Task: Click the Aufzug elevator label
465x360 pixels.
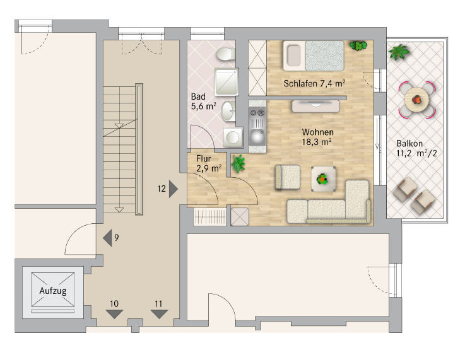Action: [x=52, y=291]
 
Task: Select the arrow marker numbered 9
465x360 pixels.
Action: [x=107, y=238]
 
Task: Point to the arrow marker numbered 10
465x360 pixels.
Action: [x=114, y=313]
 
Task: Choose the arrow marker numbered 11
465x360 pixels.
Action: [x=158, y=313]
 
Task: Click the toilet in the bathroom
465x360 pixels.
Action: [x=224, y=55]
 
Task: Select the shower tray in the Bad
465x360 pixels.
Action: [x=225, y=81]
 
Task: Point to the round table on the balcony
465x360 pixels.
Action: [x=417, y=100]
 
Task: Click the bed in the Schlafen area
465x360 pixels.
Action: [x=314, y=55]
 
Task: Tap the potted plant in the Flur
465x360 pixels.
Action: [x=238, y=163]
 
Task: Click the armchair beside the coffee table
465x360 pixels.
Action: [x=288, y=177]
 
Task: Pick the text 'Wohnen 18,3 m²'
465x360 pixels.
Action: [x=317, y=137]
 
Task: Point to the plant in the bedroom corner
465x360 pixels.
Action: [x=358, y=45]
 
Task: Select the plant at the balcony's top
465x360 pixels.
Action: [x=398, y=52]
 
